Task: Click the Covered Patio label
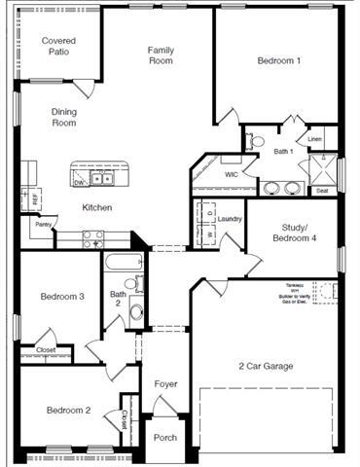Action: pyautogui.click(x=58, y=47)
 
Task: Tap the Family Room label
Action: pyautogui.click(x=161, y=54)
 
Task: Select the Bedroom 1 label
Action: pyautogui.click(x=279, y=60)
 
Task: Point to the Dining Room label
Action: pyautogui.click(x=64, y=118)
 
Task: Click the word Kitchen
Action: pyautogui.click(x=97, y=207)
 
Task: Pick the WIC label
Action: pyautogui.click(x=232, y=174)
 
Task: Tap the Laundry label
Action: pyautogui.click(x=230, y=219)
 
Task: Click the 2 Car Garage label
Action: pyautogui.click(x=267, y=366)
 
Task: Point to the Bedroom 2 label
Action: pyautogui.click(x=68, y=411)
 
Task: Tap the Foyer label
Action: pyautogui.click(x=165, y=384)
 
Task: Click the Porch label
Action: pyautogui.click(x=165, y=438)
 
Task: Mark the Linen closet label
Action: pyautogui.click(x=314, y=139)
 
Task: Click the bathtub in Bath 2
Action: pyautogui.click(x=124, y=263)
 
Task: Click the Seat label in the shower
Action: pyautogui.click(x=321, y=191)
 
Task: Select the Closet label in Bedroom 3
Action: pyautogui.click(x=46, y=349)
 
